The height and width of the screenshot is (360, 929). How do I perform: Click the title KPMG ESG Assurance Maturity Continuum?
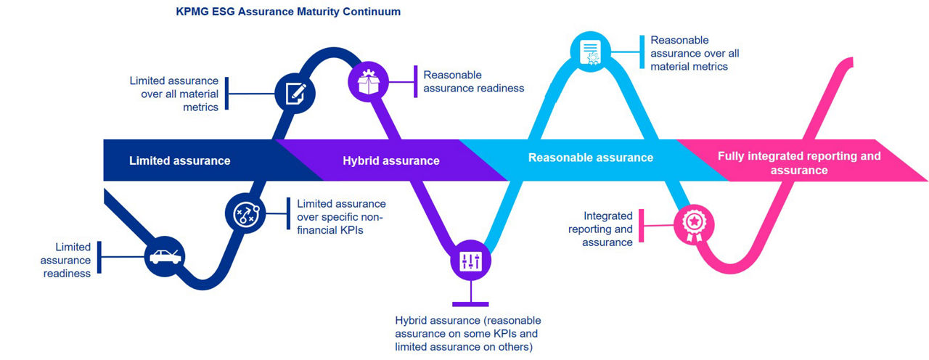point(288,12)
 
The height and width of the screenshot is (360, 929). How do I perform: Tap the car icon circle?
point(166,255)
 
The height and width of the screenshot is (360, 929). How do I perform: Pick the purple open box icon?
point(369,80)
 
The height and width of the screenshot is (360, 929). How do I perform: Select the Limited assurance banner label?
point(179,160)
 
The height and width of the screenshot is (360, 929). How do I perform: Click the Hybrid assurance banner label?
point(391,160)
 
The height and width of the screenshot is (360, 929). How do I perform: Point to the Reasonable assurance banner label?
point(591,157)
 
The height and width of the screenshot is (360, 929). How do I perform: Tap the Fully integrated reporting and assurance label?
point(798,163)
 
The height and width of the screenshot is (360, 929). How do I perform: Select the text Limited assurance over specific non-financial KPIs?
point(341,217)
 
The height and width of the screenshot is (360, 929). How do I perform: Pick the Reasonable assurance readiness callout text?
point(473,81)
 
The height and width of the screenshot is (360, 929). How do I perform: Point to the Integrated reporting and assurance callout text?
point(607,229)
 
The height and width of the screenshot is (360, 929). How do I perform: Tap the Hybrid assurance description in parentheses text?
point(468,334)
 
